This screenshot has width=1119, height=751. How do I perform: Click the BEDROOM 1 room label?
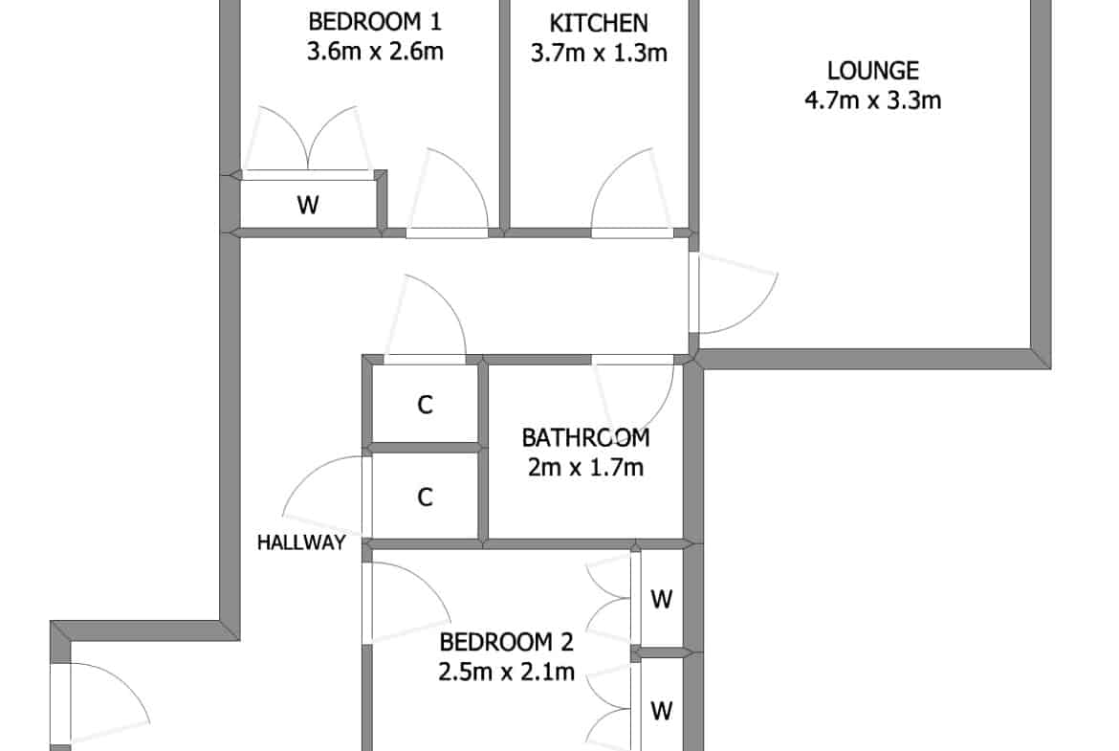pyautogui.click(x=375, y=21)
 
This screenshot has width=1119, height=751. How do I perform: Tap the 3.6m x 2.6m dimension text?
pyautogui.click(x=375, y=52)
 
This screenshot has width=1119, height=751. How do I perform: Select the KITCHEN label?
pyautogui.click(x=599, y=24)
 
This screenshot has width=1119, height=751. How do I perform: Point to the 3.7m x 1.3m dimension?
pyautogui.click(x=599, y=53)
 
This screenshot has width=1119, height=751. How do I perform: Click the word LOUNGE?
pyautogui.click(x=873, y=71)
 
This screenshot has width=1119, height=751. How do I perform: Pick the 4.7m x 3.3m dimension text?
pyautogui.click(x=873, y=99)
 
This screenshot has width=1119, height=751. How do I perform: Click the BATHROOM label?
pyautogui.click(x=586, y=437)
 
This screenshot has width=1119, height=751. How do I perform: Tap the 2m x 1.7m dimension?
pyautogui.click(x=586, y=468)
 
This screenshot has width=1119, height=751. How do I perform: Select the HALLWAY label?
pyautogui.click(x=301, y=542)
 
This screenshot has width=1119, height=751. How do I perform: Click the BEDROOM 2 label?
pyautogui.click(x=506, y=643)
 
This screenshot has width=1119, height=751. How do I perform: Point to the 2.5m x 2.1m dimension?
pyautogui.click(x=506, y=673)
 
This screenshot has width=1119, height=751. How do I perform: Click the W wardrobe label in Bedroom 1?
pyautogui.click(x=308, y=206)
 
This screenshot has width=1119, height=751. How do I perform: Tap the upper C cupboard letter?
pyautogui.click(x=425, y=406)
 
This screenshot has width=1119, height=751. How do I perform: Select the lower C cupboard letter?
pyautogui.click(x=425, y=497)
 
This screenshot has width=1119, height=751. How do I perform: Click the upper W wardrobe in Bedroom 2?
pyautogui.click(x=662, y=599)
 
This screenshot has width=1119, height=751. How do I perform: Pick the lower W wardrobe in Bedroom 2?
pyautogui.click(x=662, y=711)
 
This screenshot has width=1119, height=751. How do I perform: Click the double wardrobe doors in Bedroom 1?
pyautogui.click(x=308, y=140)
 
